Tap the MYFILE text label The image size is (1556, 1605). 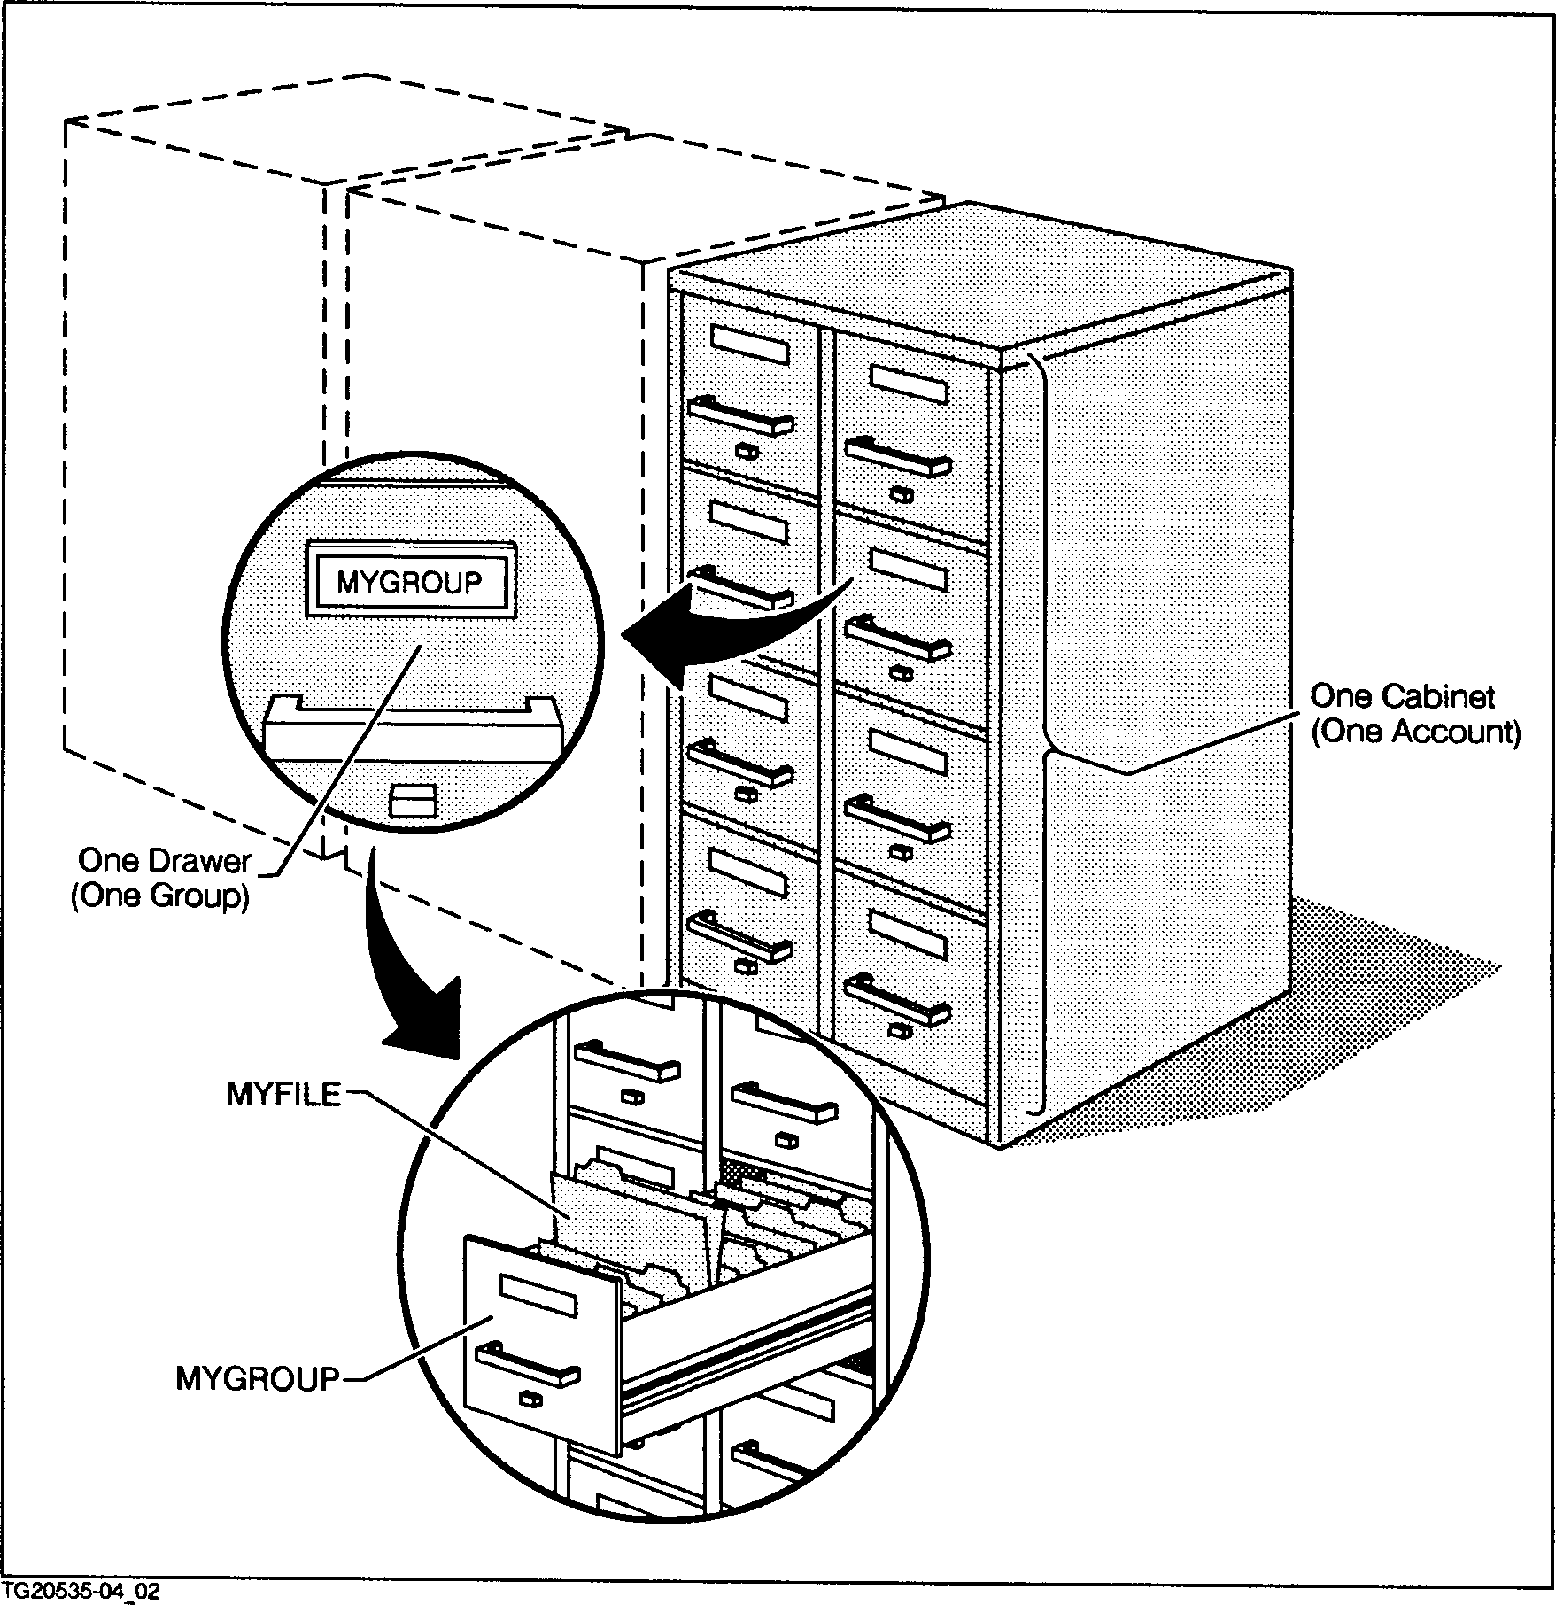283,1095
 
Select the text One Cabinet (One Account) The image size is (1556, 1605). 1414,714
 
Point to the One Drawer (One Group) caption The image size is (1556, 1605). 163,878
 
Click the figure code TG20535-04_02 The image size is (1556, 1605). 81,1591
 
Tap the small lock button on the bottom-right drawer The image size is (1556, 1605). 901,1030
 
